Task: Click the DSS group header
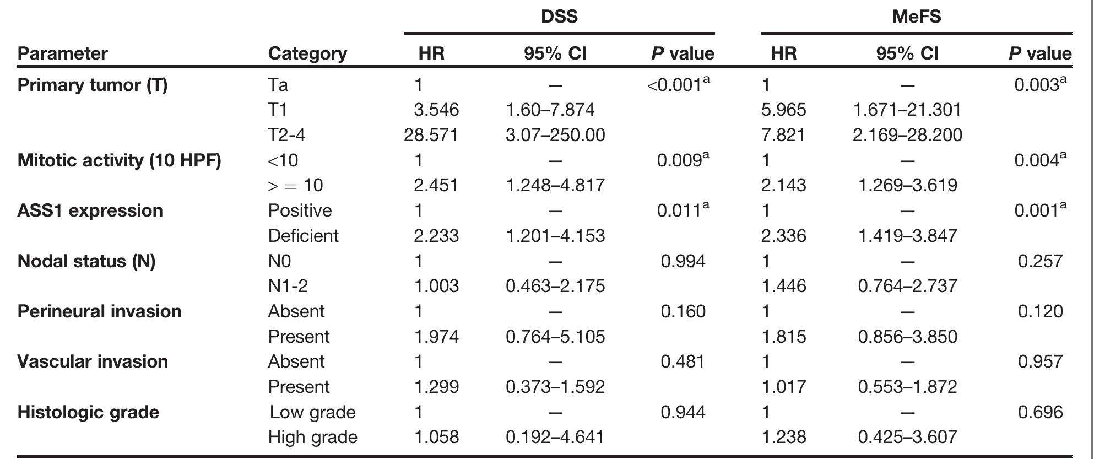click(x=559, y=16)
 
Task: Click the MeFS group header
click(x=916, y=16)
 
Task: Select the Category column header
click(x=307, y=53)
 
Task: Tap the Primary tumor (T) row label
click(x=93, y=85)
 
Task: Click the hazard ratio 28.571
click(x=431, y=135)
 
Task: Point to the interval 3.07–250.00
click(x=555, y=135)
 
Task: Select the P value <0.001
click(x=678, y=85)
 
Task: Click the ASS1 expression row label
click(x=90, y=210)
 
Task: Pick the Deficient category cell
click(x=303, y=236)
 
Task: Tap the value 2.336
click(x=783, y=236)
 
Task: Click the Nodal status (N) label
click(x=86, y=261)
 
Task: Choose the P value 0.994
click(x=683, y=261)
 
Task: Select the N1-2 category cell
click(x=288, y=286)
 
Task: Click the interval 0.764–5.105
click(x=555, y=337)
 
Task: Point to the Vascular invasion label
click(x=93, y=361)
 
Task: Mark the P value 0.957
click(x=1040, y=361)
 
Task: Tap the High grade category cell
click(x=312, y=438)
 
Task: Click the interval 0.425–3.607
click(x=907, y=438)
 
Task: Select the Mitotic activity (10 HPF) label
click(x=119, y=160)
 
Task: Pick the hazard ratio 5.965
click(x=783, y=110)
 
